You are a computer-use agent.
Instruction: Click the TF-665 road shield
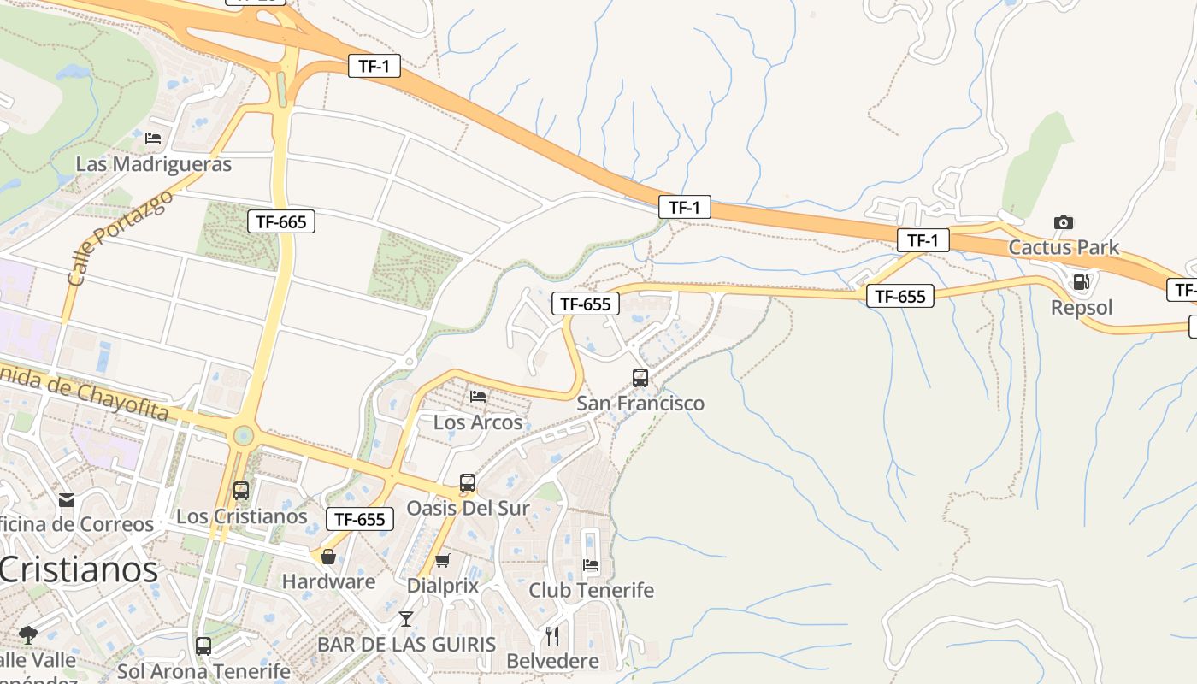pos(280,222)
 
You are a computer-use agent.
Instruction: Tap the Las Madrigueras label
pos(154,164)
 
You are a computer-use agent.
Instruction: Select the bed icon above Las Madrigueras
pos(153,138)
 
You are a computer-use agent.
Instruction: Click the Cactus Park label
pos(1064,248)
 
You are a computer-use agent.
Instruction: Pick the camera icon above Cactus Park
pos(1064,222)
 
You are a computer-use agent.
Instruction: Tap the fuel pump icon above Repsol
pos(1082,281)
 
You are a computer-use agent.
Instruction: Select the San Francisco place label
pos(640,404)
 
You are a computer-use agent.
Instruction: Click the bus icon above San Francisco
pos(640,377)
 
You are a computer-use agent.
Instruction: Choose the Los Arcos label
pos(478,422)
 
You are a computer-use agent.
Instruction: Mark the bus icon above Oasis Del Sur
pos(467,482)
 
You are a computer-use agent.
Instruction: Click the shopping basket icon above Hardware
pos(328,557)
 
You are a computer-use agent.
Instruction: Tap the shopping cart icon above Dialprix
pos(442,561)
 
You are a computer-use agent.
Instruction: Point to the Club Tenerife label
pos(591,591)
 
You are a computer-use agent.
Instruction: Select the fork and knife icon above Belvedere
pos(552,636)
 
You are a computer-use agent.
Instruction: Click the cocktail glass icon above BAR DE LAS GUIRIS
pos(406,618)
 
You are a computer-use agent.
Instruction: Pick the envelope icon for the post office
pos(66,499)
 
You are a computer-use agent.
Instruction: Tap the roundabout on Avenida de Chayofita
pos(244,436)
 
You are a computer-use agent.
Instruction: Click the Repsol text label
pos(1082,308)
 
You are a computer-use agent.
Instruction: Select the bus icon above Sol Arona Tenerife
pos(203,646)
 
